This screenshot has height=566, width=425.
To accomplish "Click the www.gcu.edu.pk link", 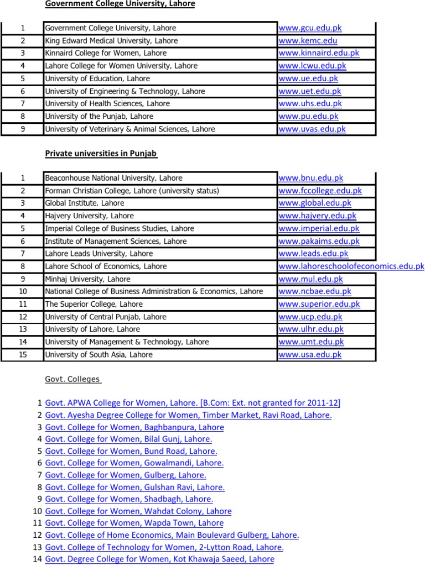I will point(310,28).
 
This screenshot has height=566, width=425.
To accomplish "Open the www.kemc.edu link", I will point(308,41).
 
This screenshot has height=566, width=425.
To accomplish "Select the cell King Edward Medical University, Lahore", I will point(111,41).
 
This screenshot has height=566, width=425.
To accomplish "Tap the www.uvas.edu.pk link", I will point(312,129).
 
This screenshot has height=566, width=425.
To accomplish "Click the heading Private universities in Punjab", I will point(101,154).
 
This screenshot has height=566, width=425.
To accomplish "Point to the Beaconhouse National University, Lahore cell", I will point(113,179).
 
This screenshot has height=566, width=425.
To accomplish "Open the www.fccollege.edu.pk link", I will point(320,191).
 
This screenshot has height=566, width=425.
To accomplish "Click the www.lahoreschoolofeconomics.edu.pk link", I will point(351,266).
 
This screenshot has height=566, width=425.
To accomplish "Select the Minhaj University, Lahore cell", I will point(87,279).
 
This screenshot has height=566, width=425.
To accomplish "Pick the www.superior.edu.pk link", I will point(319,304).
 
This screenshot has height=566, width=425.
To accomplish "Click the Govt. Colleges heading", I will point(73,379).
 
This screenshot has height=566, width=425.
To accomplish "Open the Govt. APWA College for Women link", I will point(193,402).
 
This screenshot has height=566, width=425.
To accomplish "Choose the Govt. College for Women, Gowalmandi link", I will point(134,463).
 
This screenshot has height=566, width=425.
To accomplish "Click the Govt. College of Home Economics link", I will point(172,535).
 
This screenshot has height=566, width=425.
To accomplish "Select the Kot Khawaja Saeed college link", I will point(159,559).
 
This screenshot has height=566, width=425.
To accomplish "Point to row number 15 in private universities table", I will point(23,355).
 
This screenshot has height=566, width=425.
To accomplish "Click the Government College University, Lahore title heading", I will point(120,4).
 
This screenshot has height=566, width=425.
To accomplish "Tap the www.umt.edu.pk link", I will point(311,342).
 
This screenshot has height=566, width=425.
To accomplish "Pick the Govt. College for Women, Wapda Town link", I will point(134,523).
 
